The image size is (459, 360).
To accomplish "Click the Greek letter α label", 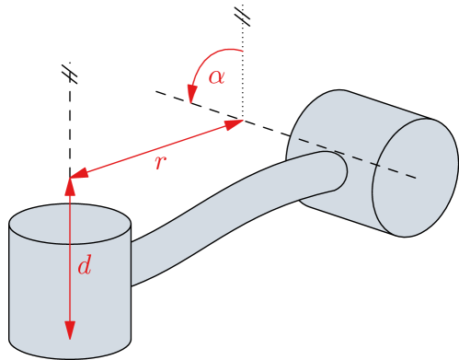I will [x=216, y=76].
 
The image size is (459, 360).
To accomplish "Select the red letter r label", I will [x=160, y=163].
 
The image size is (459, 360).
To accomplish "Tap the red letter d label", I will [x=84, y=267].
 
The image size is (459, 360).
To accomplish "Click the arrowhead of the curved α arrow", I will [x=192, y=95].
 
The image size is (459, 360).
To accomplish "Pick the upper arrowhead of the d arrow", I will [x=70, y=186].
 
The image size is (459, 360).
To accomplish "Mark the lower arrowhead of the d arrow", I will [x=70, y=331].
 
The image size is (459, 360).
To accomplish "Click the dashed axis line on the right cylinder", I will [x=359, y=158].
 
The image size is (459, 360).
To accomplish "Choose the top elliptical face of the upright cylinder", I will [x=70, y=224].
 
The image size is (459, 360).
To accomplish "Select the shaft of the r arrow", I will [x=156, y=147].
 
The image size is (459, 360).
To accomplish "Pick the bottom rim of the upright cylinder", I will [x=70, y=354].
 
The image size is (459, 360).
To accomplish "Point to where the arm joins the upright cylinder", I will [x=133, y=262].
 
